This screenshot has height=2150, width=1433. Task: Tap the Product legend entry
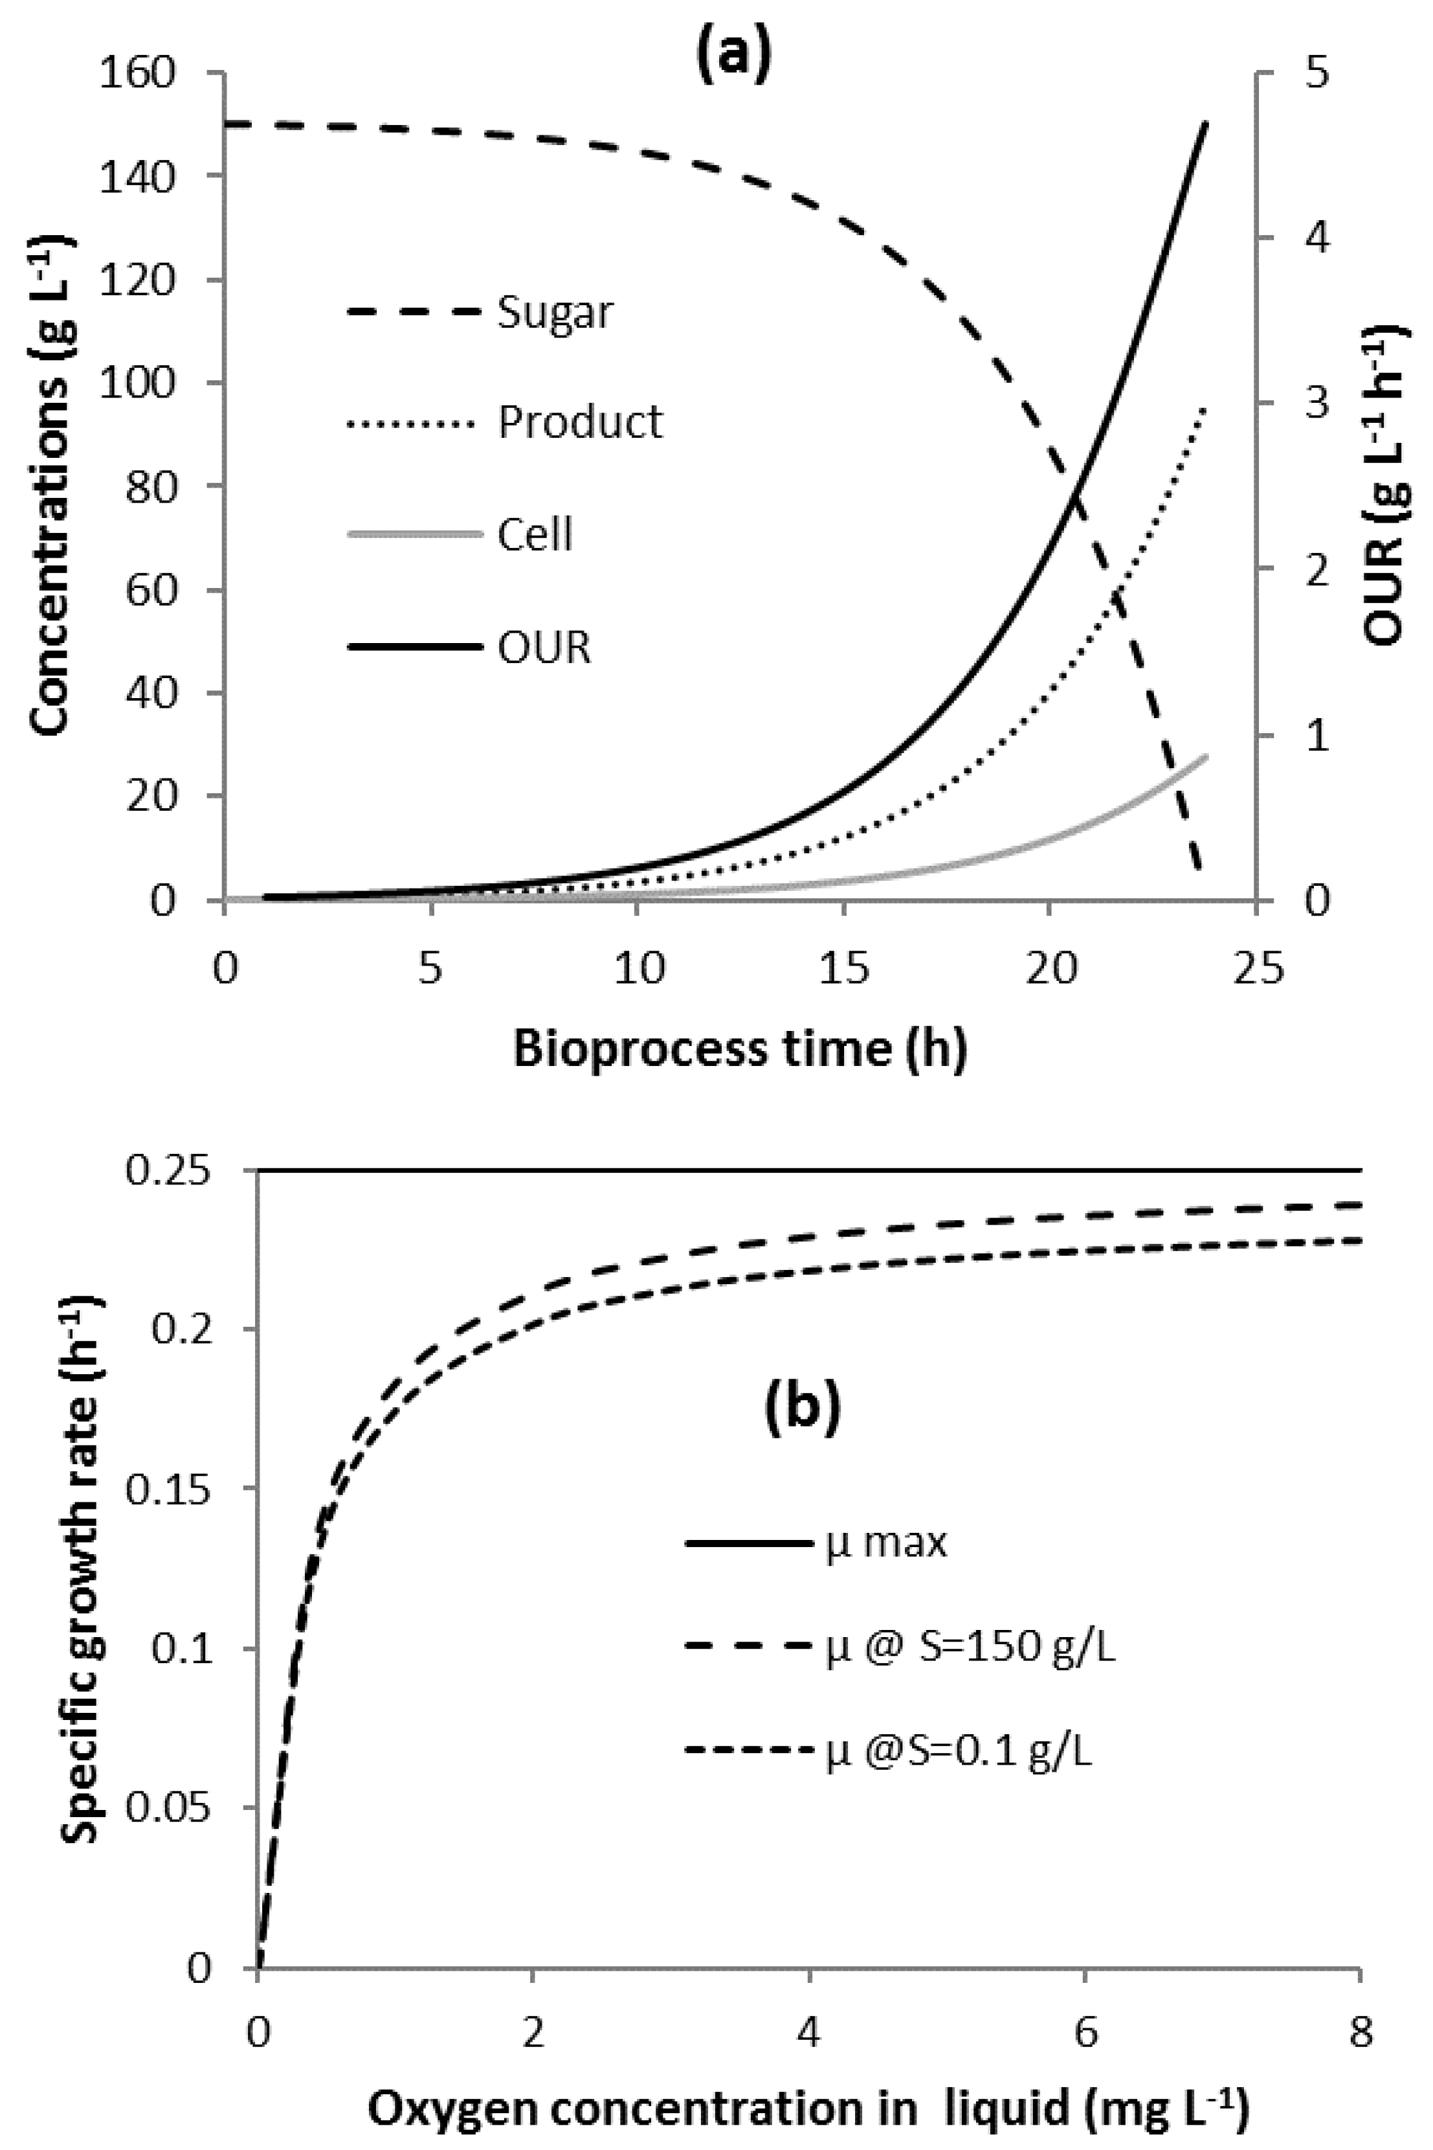[x=579, y=422]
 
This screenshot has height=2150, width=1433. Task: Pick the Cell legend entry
[x=535, y=535]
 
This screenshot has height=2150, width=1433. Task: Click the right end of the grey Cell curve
[x=1206, y=756]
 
